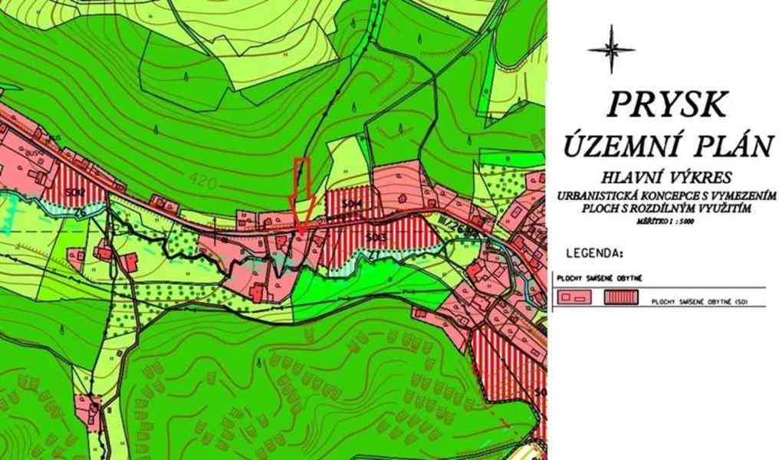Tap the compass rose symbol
(611, 49)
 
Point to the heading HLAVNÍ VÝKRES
(666, 176)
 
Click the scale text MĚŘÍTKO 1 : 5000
(665, 219)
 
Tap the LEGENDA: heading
(596, 251)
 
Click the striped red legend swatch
(623, 297)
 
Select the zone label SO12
(74, 192)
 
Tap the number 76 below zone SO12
(79, 212)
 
